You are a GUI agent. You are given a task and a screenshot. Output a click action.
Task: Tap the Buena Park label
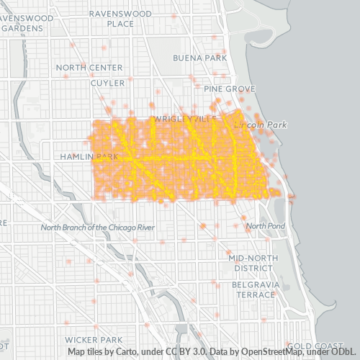click(x=199, y=58)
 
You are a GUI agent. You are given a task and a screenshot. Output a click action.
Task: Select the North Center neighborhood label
click(x=89, y=68)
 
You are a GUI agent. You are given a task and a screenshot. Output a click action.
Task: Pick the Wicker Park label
click(x=93, y=339)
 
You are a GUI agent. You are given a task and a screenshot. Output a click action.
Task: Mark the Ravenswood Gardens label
click(x=27, y=22)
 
